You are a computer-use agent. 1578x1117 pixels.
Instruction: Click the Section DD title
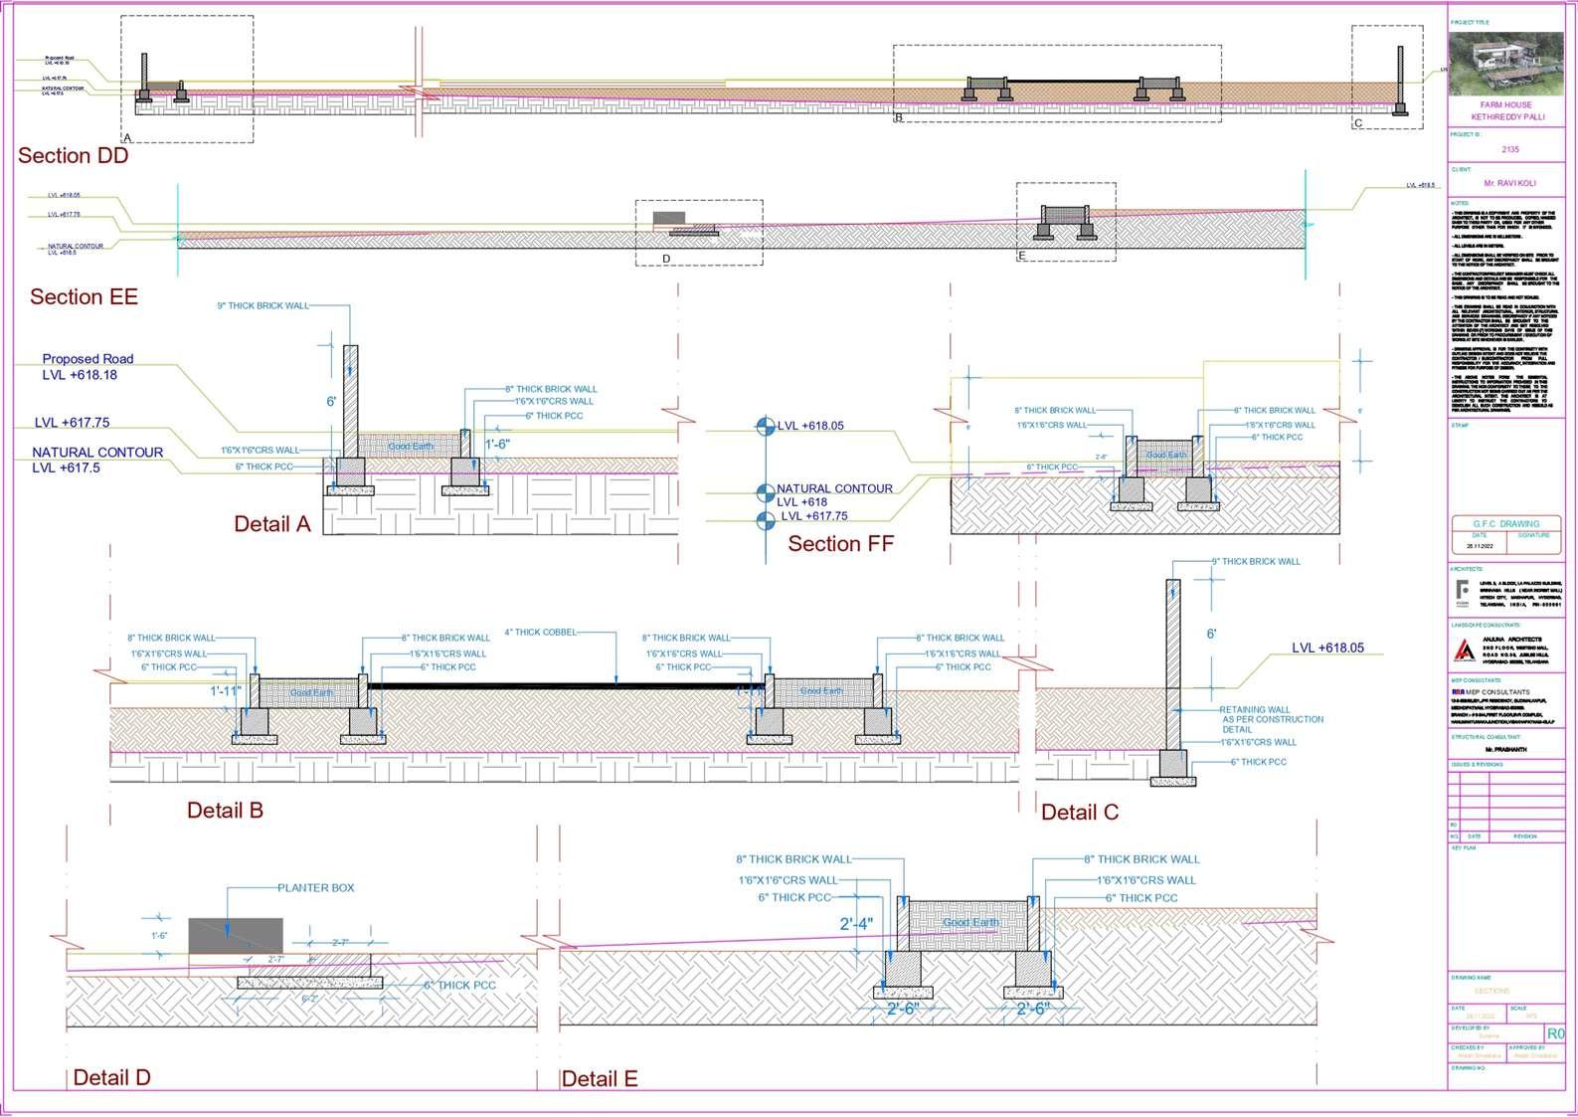pyautogui.click(x=73, y=155)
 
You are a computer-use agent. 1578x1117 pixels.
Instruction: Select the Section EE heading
pyautogui.click(x=84, y=296)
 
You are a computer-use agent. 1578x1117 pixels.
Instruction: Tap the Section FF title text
pyautogui.click(x=840, y=543)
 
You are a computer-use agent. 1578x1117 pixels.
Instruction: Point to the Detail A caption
pyautogui.click(x=271, y=523)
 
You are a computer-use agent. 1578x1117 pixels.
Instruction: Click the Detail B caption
pyautogui.click(x=225, y=810)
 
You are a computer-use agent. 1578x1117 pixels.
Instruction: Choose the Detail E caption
pyautogui.click(x=599, y=1078)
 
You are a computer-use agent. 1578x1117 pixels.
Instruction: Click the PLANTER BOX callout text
pyautogui.click(x=315, y=887)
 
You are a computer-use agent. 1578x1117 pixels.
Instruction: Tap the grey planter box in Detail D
pyautogui.click(x=235, y=936)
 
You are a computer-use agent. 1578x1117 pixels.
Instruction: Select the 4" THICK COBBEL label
pyautogui.click(x=540, y=632)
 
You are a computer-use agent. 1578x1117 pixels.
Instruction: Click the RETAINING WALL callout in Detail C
pyautogui.click(x=1271, y=719)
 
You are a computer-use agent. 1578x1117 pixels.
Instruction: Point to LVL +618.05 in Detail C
pyautogui.click(x=1327, y=648)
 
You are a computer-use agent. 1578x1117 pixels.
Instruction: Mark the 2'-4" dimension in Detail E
pyautogui.click(x=856, y=923)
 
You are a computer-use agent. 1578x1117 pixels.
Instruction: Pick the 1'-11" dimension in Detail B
pyautogui.click(x=226, y=689)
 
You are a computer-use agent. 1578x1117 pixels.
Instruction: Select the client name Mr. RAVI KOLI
pyautogui.click(x=1509, y=183)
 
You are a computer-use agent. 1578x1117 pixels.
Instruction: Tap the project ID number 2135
pyautogui.click(x=1509, y=149)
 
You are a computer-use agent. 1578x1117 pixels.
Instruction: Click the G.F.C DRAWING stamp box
pyautogui.click(x=1505, y=523)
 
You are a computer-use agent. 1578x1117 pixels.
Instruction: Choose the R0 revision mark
pyautogui.click(x=1554, y=1033)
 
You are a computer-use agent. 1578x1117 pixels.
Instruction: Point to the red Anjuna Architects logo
pyautogui.click(x=1464, y=650)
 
